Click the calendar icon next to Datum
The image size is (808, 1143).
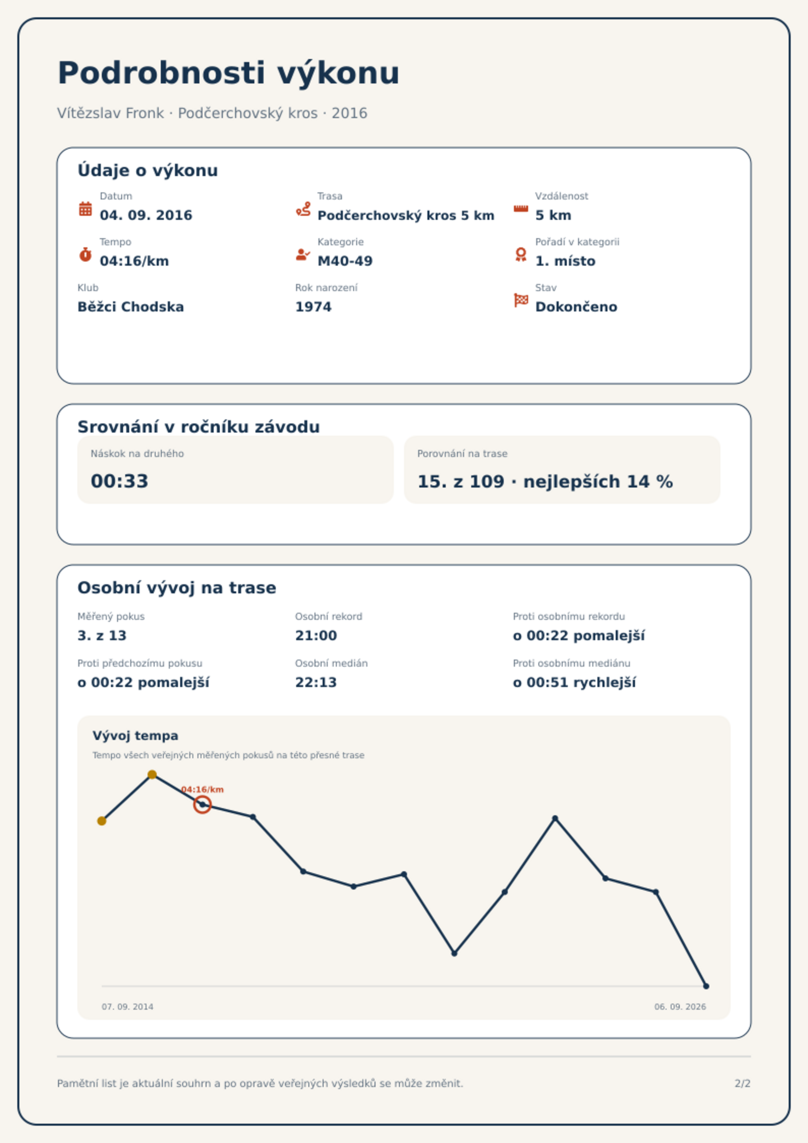pyautogui.click(x=85, y=209)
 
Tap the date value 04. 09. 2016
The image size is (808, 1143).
pyautogui.click(x=146, y=215)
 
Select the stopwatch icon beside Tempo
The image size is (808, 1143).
pyautogui.click(x=85, y=254)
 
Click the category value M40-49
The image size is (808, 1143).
pyautogui.click(x=345, y=261)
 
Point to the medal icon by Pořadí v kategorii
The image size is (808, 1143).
pyautogui.click(x=521, y=254)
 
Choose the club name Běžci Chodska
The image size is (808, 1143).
pyautogui.click(x=131, y=307)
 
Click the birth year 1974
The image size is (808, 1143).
pyautogui.click(x=313, y=307)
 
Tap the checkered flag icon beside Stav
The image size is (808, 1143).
pyautogui.click(x=521, y=300)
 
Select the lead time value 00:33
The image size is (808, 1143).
pyautogui.click(x=120, y=481)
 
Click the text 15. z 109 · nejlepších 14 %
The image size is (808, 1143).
pyautogui.click(x=545, y=481)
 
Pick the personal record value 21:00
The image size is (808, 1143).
pyautogui.click(x=316, y=636)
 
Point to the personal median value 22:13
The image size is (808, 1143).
pyautogui.click(x=316, y=682)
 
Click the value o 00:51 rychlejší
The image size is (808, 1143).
pyautogui.click(x=574, y=682)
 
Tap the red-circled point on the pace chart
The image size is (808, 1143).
pyautogui.click(x=203, y=805)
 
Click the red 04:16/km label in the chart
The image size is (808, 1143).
pyautogui.click(x=203, y=789)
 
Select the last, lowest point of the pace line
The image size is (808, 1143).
pyautogui.click(x=706, y=986)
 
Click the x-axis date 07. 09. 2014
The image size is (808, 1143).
pyautogui.click(x=127, y=1007)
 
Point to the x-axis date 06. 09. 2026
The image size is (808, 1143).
pyautogui.click(x=680, y=1007)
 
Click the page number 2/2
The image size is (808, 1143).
pyautogui.click(x=742, y=1083)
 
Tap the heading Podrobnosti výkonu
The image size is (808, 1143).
pyautogui.click(x=228, y=73)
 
